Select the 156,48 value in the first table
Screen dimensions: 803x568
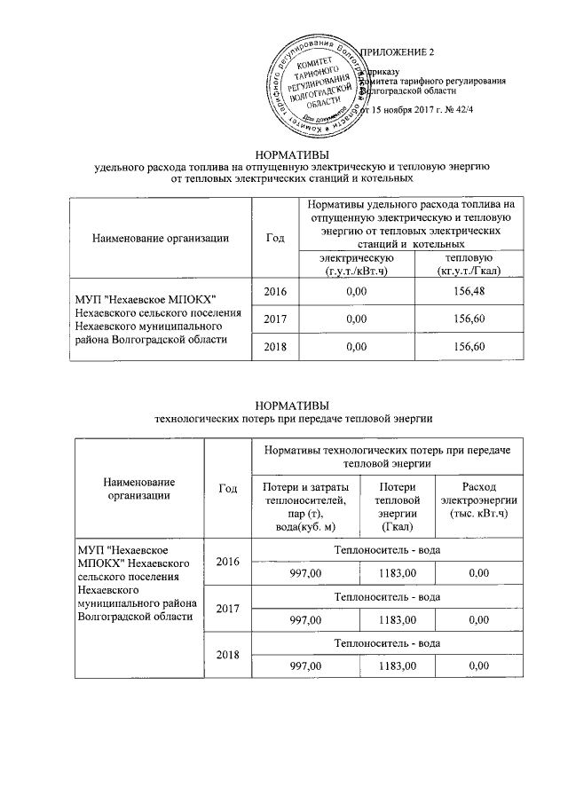[467, 291]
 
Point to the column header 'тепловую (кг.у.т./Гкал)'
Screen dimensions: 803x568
[467, 263]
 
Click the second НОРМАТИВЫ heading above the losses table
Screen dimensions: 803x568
[284, 405]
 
